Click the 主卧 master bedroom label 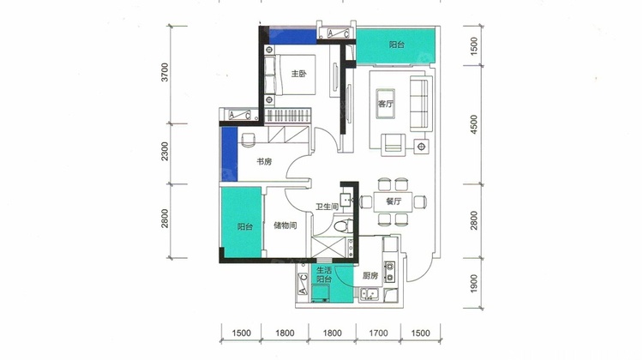(299, 74)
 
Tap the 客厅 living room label (385, 104)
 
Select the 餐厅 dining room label (394, 201)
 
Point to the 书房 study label (264, 161)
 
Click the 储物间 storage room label (285, 225)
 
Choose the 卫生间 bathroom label (327, 207)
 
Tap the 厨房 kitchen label (370, 275)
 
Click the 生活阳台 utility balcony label (324, 275)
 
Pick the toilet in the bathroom (343, 225)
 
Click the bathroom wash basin (346, 200)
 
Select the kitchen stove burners (389, 273)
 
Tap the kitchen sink (369, 294)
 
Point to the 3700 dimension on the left (165, 72)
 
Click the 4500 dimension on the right (473, 124)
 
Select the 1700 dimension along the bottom (378, 333)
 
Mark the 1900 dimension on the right (473, 284)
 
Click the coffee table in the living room (386, 104)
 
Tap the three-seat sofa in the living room (419, 104)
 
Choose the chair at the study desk (249, 140)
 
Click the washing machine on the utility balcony (321, 294)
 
